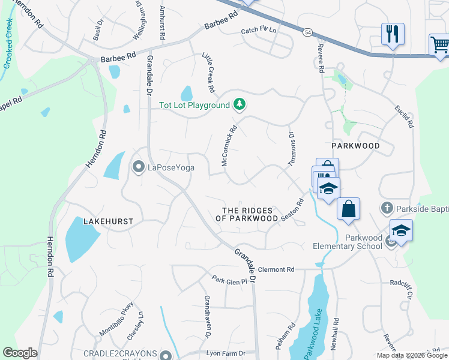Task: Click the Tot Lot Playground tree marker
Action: tap(240, 105)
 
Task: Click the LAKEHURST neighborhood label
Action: tap(108, 221)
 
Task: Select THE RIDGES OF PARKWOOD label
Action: tap(250, 215)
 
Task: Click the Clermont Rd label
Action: tap(277, 269)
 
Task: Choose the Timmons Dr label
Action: tap(292, 148)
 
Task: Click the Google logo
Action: tap(20, 353)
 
